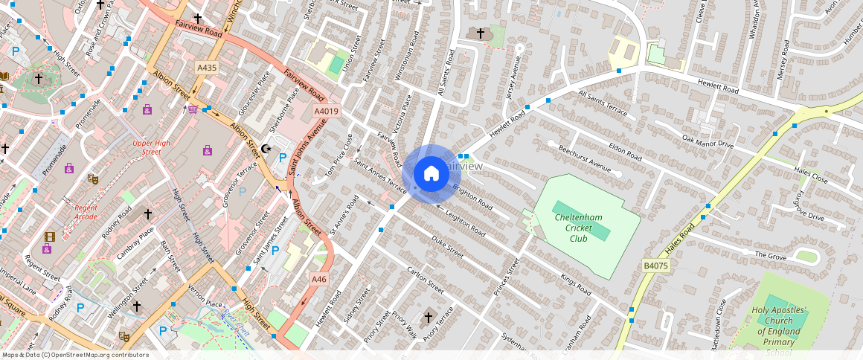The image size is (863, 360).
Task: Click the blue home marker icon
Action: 431,174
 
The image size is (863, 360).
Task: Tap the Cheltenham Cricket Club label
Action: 579,227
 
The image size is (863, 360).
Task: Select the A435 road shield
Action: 207,68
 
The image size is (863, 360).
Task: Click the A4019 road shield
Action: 327,112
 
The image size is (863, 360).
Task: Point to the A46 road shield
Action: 318,279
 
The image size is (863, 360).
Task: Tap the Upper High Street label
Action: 147,147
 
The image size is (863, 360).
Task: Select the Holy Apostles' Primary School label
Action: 778,331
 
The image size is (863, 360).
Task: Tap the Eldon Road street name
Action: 624,152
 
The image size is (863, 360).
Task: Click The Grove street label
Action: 771,255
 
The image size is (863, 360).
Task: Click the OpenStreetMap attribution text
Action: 75,355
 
